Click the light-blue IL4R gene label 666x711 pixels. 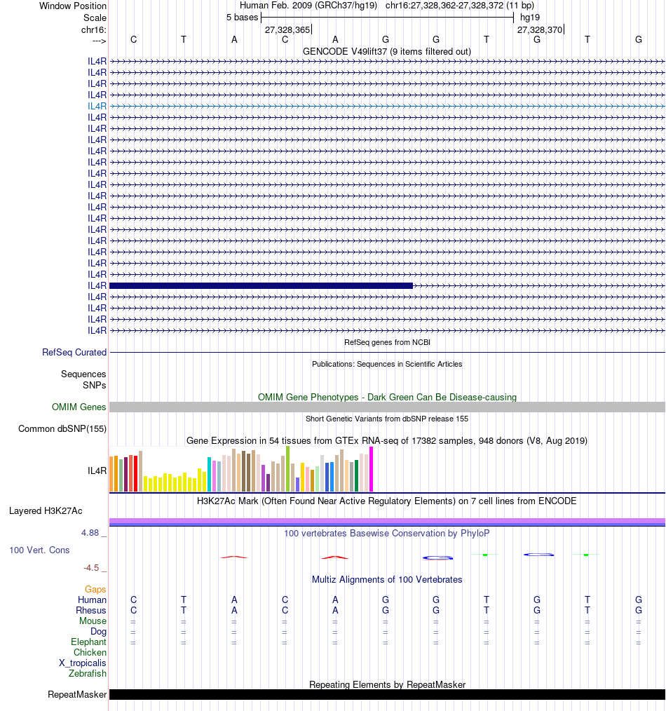click(x=97, y=106)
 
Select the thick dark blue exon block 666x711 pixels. click(x=261, y=285)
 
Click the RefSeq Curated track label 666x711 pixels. click(x=74, y=353)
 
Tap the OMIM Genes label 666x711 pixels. click(x=79, y=407)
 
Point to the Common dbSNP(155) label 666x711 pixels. click(x=62, y=429)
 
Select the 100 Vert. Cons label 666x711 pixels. click(x=39, y=550)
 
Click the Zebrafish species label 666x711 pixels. click(x=88, y=674)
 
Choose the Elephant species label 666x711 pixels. click(x=88, y=642)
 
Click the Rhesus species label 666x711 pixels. click(x=91, y=611)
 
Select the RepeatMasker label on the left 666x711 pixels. click(x=77, y=695)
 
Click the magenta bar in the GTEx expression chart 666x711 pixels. click(x=372, y=469)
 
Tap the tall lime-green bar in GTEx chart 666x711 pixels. click(x=287, y=468)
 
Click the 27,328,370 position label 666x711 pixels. click(x=539, y=30)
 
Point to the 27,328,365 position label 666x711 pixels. click(x=287, y=30)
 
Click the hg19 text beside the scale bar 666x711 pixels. click(x=529, y=17)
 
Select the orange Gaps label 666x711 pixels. click(x=95, y=590)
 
